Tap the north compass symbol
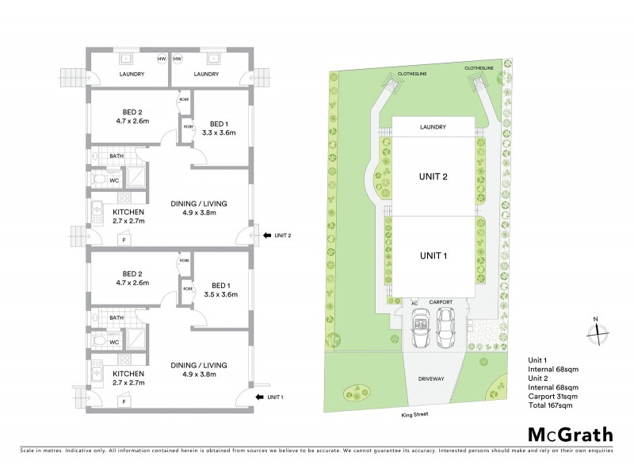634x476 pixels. [x=598, y=332]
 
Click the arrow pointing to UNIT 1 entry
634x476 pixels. [x=258, y=397]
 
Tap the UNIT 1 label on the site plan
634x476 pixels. [x=433, y=256]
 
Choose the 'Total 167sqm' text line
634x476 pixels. [x=550, y=405]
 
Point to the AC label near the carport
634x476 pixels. [x=414, y=303]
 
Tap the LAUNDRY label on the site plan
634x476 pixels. [x=433, y=127]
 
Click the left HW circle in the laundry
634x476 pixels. [x=162, y=59]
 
